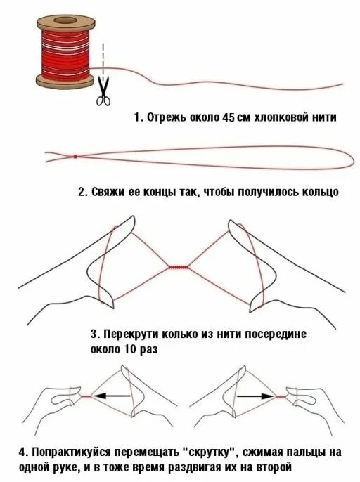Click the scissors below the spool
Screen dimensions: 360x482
pyautogui.click(x=103, y=91)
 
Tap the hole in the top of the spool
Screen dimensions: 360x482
pyautogui.click(x=65, y=20)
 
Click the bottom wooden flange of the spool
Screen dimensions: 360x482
pyautogui.click(x=65, y=81)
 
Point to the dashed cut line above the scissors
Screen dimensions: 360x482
pyautogui.click(x=103, y=59)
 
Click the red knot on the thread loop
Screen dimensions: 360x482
pyautogui.click(x=75, y=157)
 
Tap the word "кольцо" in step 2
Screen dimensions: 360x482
pyautogui.click(x=321, y=192)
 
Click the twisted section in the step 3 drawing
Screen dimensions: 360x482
pyautogui.click(x=179, y=267)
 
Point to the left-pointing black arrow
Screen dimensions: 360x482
pyautogui.click(x=112, y=396)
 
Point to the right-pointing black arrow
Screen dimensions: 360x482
pyautogui.click(x=255, y=396)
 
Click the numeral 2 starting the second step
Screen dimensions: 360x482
pyautogui.click(x=82, y=192)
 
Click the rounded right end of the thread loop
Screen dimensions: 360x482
pyautogui.click(x=354, y=157)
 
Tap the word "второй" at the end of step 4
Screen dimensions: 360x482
pyautogui.click(x=274, y=467)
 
